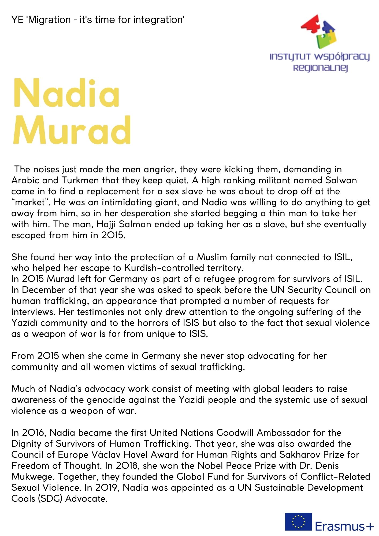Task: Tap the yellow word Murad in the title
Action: [x=72, y=131]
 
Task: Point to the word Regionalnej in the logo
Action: [x=320, y=68]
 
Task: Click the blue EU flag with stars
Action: [x=298, y=522]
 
